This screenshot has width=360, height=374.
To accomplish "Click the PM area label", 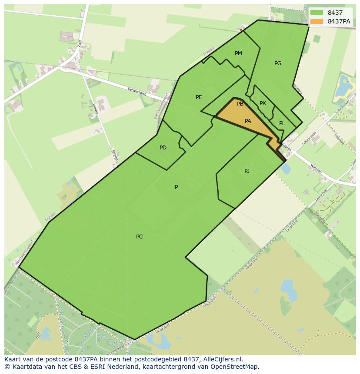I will click(x=238, y=53).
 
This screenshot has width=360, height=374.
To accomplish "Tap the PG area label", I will click(x=278, y=63).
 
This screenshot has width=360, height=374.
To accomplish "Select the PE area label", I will click(x=199, y=97).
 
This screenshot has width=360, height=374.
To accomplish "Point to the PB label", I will click(x=240, y=104).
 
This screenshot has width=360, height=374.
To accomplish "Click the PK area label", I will click(x=263, y=103).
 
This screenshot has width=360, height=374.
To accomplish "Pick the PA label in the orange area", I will click(x=248, y=121).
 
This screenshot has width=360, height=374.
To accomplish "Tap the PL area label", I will click(x=282, y=123).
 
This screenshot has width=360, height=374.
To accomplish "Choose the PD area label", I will click(x=163, y=148).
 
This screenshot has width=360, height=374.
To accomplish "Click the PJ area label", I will click(x=247, y=171).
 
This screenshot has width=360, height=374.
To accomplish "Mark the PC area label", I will click(x=139, y=237).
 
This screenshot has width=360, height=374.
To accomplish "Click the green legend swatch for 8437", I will click(x=317, y=13).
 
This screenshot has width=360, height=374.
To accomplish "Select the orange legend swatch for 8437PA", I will click(x=317, y=21).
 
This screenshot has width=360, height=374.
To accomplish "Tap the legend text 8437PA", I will click(x=339, y=21).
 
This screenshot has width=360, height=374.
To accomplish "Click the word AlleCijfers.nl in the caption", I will click(x=222, y=359).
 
